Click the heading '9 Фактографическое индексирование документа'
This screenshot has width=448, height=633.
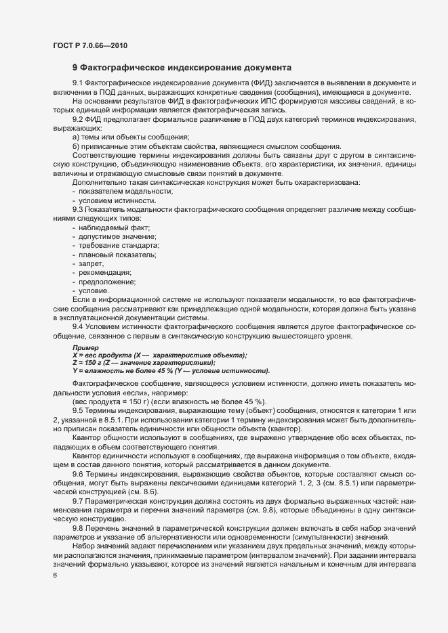tap(182, 68)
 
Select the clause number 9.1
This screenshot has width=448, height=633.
tap(79, 83)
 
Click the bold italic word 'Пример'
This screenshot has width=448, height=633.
tap(86, 347)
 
